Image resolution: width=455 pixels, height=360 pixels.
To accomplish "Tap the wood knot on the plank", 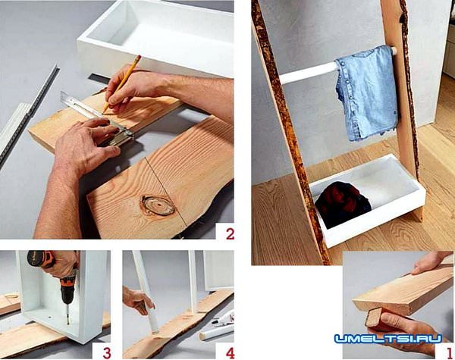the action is pyautogui.click(x=158, y=205).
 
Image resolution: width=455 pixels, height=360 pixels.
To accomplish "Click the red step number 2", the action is pyautogui.click(x=230, y=234).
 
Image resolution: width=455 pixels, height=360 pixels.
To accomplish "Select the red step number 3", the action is pyautogui.click(x=107, y=353).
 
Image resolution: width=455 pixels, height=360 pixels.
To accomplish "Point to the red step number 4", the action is pyautogui.click(x=230, y=353).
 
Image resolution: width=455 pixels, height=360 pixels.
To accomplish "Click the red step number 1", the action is pyautogui.click(x=449, y=352).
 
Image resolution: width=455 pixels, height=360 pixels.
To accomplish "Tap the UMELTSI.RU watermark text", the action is pyautogui.click(x=388, y=339).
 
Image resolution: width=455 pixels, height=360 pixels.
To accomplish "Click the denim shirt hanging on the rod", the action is pyautogui.click(x=366, y=92).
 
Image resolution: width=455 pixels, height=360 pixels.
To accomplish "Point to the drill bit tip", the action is pyautogui.click(x=68, y=323).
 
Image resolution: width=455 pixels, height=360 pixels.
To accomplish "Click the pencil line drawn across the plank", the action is pyautogui.click(x=165, y=191).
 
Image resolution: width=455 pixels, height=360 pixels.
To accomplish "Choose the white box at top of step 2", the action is pyautogui.click(x=155, y=37).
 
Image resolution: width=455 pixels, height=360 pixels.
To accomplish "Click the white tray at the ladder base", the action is pyautogui.click(x=367, y=200).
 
